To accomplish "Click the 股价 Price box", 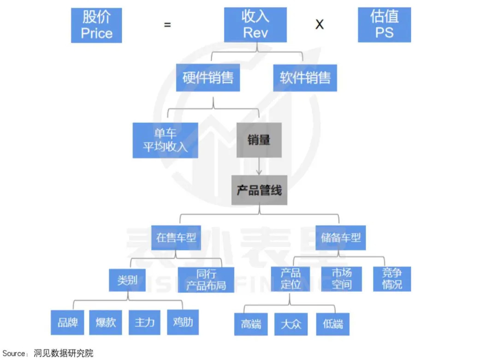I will click(96, 25).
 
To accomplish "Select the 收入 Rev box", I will click(255, 25).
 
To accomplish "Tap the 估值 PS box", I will click(384, 25).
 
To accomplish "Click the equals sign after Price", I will click(167, 25).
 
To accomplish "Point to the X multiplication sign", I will click(319, 24).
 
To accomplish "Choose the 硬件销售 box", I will click(208, 78).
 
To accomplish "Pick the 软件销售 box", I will click(305, 78).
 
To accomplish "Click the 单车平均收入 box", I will click(165, 140).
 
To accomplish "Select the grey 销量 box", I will click(259, 140).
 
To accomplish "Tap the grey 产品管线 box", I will click(259, 190).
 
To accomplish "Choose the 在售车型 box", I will click(176, 238).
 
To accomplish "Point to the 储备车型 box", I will click(341, 238).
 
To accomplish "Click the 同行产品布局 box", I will click(206, 280).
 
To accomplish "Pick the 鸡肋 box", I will click(183, 322).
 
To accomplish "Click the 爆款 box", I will click(106, 322).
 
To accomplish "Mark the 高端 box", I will click(251, 324).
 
